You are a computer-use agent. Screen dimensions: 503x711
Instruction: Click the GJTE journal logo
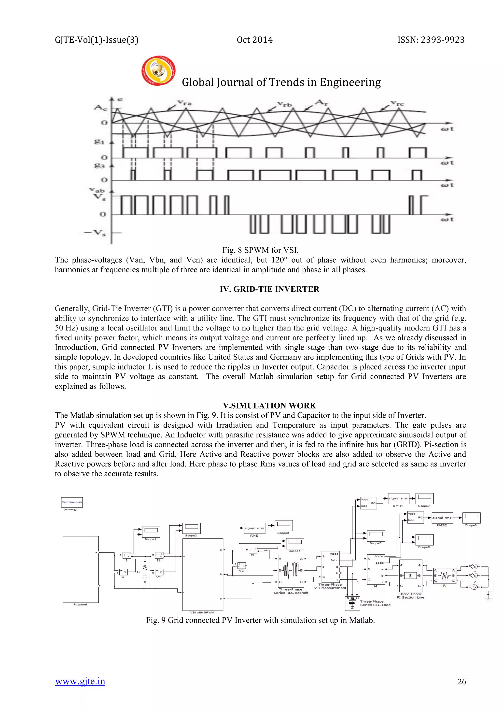pos(158,71)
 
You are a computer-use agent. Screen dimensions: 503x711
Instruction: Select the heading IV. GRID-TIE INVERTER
pos(269,289)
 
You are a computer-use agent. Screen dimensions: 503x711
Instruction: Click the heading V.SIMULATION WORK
pos(269,406)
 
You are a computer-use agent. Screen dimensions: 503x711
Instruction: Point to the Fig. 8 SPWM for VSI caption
pos(260,250)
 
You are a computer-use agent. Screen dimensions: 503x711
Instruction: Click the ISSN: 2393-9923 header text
pos(431,40)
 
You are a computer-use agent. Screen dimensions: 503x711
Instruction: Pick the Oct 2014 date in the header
pos(255,40)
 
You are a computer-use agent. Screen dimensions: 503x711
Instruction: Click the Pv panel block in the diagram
pos(81,569)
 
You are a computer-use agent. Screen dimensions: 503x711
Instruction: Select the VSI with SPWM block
pos(203,574)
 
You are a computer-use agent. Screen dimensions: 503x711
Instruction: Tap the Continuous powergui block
pos(72,502)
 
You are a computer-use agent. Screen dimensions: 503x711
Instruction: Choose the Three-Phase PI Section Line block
pos(411,576)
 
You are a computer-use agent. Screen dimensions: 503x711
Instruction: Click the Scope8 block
pos(471,518)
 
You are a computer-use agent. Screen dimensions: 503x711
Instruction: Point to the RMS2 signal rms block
pos(442,518)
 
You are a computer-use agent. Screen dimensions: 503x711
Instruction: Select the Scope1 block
pos(151,532)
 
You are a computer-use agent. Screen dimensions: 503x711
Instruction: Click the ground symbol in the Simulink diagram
pos(488,599)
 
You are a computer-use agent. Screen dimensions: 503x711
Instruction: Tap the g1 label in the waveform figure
pos(99,142)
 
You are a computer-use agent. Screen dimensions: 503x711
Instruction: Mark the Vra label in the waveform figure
pos(185,103)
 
